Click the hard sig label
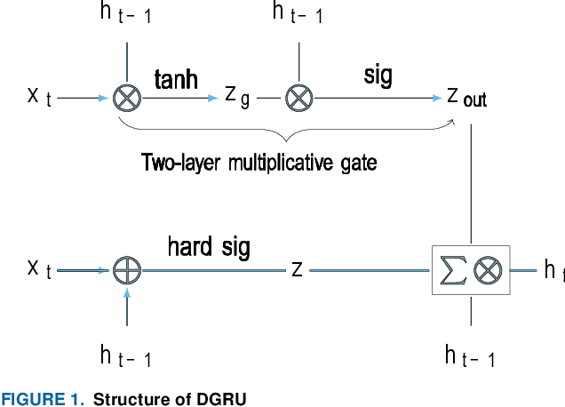(x=209, y=247)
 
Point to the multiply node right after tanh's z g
(x=298, y=98)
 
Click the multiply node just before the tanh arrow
(x=128, y=98)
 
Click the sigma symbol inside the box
(x=448, y=269)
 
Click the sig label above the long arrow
(x=379, y=76)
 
